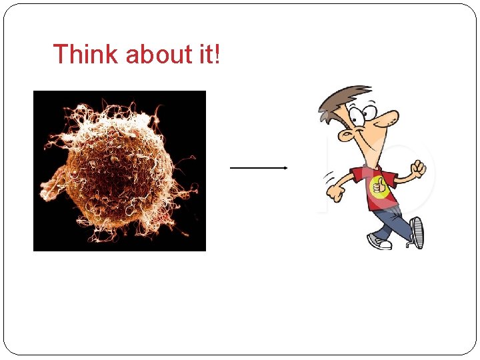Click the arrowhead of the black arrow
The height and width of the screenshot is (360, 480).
point(285,168)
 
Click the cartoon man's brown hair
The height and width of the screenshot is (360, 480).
point(340,100)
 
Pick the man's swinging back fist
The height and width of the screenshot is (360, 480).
point(333,194)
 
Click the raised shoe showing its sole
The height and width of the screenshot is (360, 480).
point(417,233)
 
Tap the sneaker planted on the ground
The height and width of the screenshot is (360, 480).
point(379,241)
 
